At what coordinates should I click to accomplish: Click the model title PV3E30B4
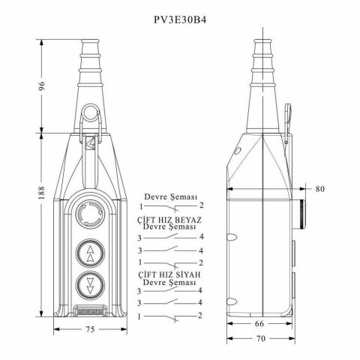tap(180, 19)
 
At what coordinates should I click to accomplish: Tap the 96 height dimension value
tap(42, 85)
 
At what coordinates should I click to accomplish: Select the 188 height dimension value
tap(41, 192)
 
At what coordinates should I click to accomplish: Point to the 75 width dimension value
tap(90, 329)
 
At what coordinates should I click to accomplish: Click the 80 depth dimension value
tap(319, 189)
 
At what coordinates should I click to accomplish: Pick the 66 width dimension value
tap(259, 324)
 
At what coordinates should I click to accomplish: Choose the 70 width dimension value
tap(260, 338)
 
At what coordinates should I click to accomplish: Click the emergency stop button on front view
tap(90, 214)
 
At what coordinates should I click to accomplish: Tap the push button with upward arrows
tap(90, 253)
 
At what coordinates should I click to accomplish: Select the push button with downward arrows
tap(90, 285)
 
